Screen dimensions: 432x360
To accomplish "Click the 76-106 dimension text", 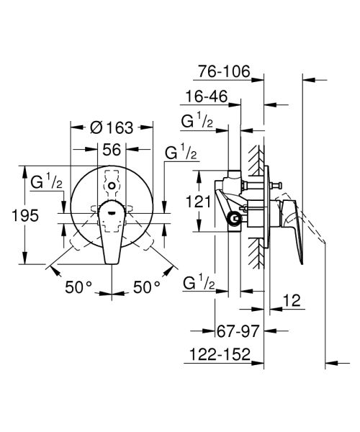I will [225, 72].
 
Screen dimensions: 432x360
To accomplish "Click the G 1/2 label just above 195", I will [45, 183].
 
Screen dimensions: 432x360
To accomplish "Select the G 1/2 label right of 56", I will [182, 153].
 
